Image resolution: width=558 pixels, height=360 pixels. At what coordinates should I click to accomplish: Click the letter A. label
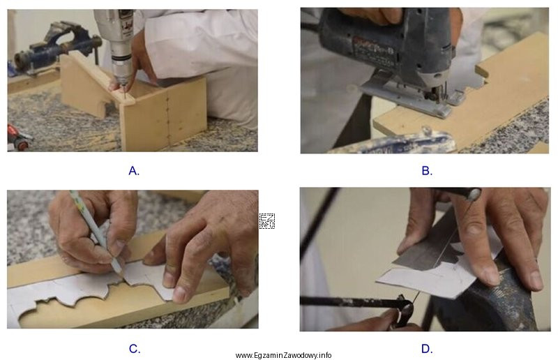point(134,171)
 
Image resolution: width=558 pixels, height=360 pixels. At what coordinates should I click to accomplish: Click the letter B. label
point(427,171)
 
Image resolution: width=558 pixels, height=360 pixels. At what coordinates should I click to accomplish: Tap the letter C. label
point(135,349)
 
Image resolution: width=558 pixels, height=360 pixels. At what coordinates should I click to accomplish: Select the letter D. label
point(427,349)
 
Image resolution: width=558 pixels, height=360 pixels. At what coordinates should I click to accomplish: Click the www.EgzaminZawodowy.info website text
point(283,355)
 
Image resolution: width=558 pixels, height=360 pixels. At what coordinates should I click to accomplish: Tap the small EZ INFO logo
point(266,220)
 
